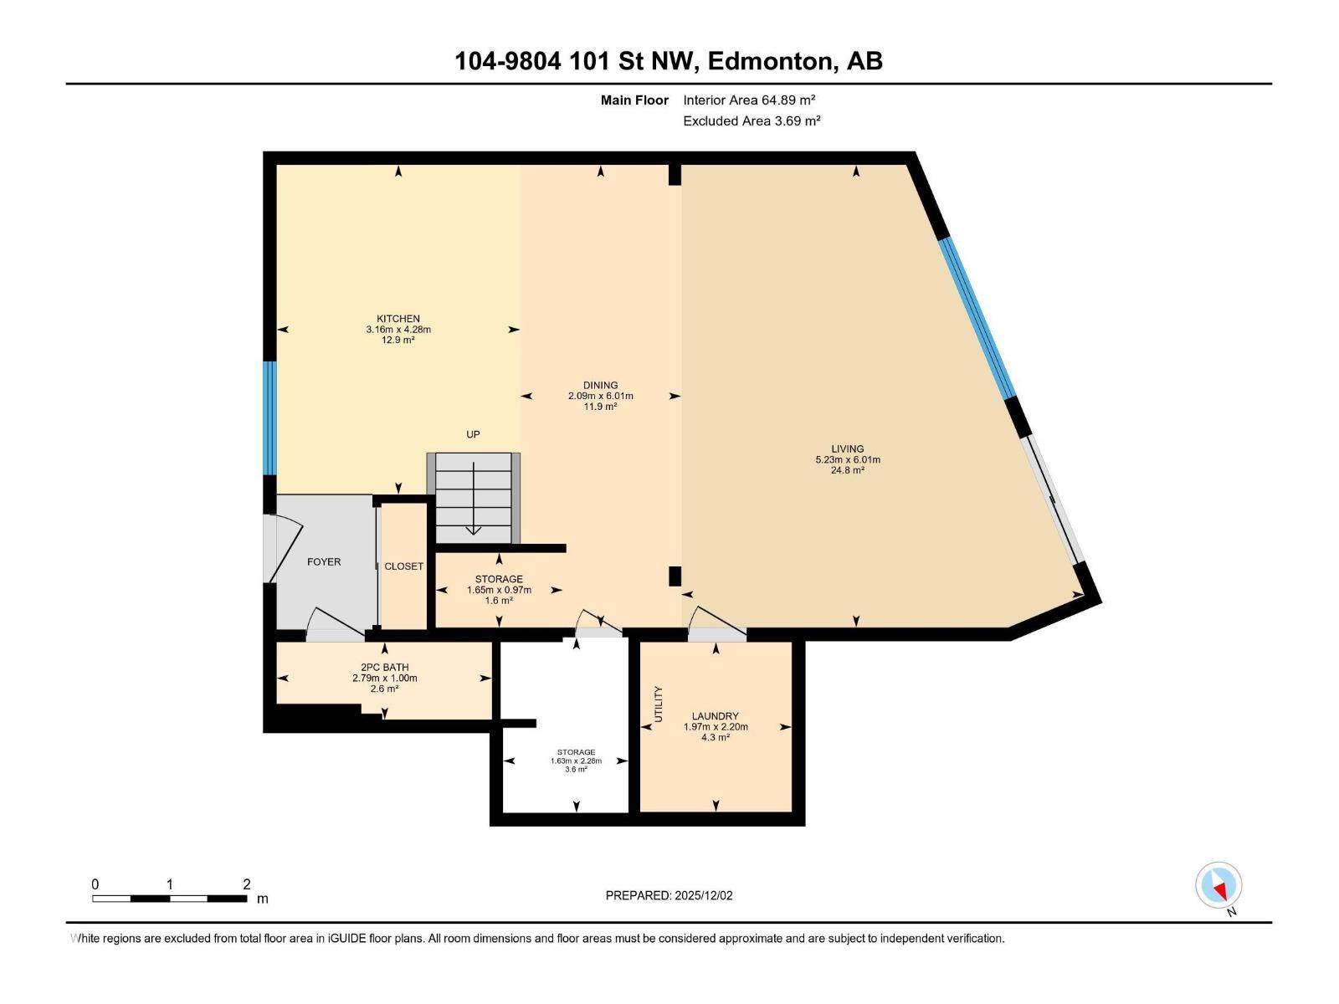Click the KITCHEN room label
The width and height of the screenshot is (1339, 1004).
point(398,319)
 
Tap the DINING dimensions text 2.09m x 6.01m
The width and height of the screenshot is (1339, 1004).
point(600,396)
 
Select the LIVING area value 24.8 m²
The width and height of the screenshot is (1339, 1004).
point(847,470)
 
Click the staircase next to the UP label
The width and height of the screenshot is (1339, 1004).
point(474,498)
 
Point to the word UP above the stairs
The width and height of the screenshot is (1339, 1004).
point(473,434)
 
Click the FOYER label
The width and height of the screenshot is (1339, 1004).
point(324,562)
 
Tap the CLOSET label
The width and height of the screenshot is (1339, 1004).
point(404,566)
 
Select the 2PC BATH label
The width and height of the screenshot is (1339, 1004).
point(384,668)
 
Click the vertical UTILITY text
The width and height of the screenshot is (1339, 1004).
point(658,704)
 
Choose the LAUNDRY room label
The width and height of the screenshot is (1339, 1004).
point(715,716)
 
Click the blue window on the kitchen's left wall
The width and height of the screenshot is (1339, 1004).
point(269,417)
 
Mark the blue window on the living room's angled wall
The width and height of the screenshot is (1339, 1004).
point(977,318)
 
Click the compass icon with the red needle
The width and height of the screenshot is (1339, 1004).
point(1218,885)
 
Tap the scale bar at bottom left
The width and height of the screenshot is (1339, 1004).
point(169,899)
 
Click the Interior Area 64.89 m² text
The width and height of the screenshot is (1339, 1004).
point(749,100)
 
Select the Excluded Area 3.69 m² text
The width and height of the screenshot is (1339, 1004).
point(751,121)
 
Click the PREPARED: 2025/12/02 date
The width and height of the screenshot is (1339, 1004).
point(669,895)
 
